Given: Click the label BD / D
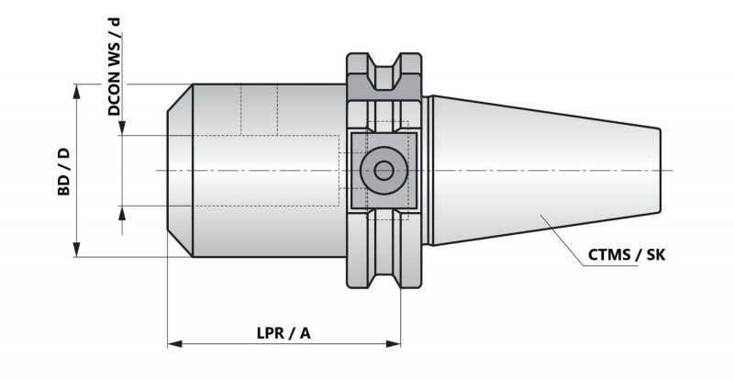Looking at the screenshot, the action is click(63, 172).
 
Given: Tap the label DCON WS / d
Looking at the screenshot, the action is click(114, 66).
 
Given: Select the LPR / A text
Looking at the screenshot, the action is click(284, 333).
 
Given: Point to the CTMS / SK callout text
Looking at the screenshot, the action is click(627, 255).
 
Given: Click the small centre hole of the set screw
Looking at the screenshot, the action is click(384, 171).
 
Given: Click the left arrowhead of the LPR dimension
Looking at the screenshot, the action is click(174, 344).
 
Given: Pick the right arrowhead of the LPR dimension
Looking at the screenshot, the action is click(394, 344).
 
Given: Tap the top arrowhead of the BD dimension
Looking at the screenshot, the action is click(77, 92).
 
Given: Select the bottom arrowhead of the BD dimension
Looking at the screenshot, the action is click(77, 250).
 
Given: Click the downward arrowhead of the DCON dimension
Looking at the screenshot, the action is click(122, 128).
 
